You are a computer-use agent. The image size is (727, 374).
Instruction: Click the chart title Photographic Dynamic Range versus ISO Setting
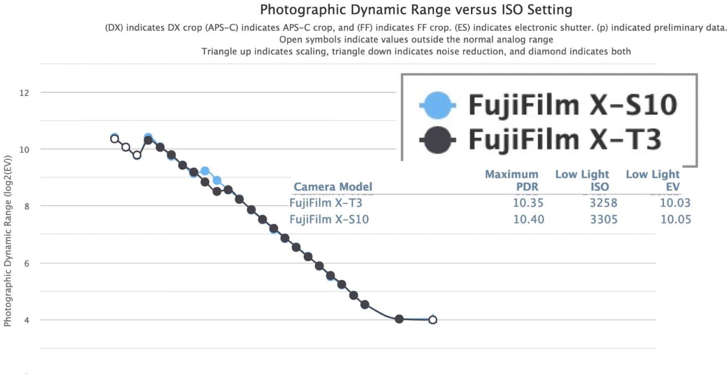[x=416, y=9]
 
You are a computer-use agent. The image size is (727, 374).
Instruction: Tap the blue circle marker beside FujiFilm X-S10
[x=438, y=105]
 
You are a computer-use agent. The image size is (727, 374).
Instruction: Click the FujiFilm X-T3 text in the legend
[x=564, y=139]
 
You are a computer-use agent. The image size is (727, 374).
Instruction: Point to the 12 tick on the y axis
[x=24, y=93]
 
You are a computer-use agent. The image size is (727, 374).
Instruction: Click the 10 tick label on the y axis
[x=24, y=149]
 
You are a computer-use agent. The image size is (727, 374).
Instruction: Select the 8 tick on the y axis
[x=27, y=206]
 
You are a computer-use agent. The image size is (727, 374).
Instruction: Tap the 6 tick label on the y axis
[x=27, y=263]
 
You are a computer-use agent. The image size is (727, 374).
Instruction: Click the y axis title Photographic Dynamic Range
[x=8, y=241]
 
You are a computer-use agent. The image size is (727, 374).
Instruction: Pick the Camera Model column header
[x=333, y=187]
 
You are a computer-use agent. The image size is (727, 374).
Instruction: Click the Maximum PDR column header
[x=512, y=181]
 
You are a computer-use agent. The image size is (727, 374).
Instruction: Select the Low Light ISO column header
[x=582, y=181]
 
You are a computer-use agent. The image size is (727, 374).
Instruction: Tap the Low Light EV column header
[x=653, y=181]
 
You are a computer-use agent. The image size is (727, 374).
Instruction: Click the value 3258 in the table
[x=603, y=203]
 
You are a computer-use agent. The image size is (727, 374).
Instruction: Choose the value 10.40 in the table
[x=528, y=219]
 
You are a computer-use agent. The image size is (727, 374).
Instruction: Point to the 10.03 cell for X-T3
[x=675, y=203]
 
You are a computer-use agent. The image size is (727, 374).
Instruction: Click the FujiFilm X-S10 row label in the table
[x=329, y=219]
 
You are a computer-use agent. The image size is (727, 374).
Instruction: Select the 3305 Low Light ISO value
[x=603, y=219]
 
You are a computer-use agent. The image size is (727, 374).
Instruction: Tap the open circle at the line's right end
[x=433, y=320]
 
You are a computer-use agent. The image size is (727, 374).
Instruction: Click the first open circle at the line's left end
[x=114, y=139]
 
